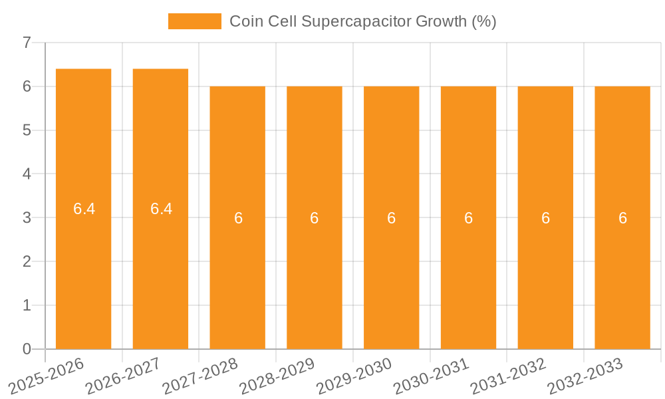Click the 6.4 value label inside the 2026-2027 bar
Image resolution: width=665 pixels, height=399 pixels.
[161, 209]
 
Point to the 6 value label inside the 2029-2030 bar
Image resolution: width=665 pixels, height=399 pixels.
[392, 218]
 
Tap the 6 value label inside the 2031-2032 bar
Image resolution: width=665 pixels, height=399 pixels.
[545, 218]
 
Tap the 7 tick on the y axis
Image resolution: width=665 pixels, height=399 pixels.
[27, 43]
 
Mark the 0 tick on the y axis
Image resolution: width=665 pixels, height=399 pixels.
[27, 349]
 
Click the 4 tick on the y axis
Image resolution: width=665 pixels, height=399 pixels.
[27, 174]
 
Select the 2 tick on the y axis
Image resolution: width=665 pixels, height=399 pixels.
[27, 261]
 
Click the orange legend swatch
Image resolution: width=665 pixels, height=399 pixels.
[194, 21]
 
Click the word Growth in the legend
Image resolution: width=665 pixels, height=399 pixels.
[442, 21]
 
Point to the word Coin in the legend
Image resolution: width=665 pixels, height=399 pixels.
[244, 21]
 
